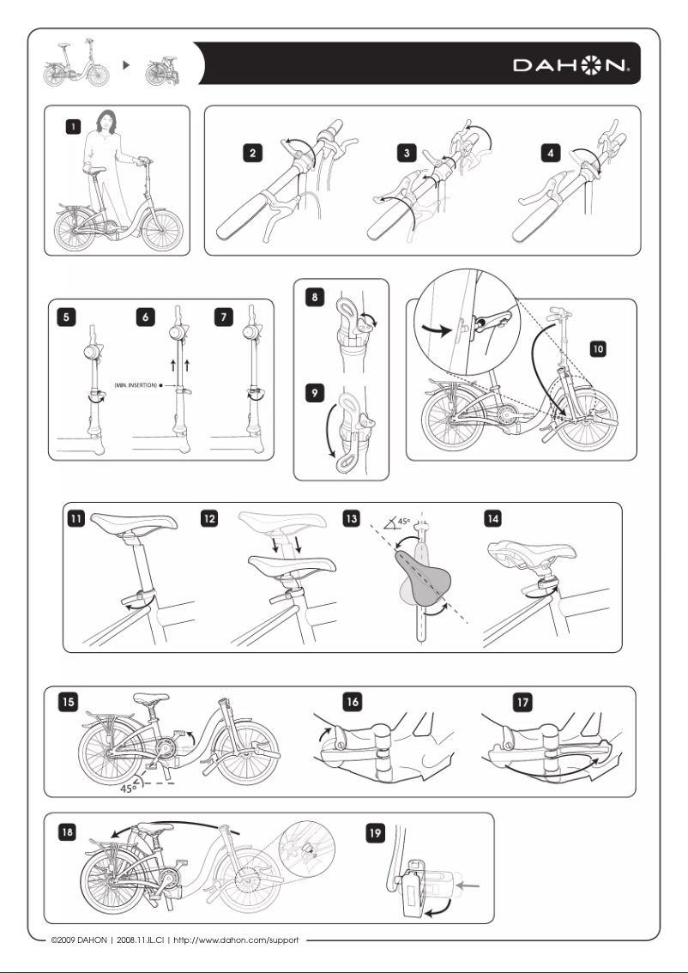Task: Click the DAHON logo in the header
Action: pyautogui.click(x=573, y=65)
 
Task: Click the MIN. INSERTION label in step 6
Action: pyautogui.click(x=136, y=387)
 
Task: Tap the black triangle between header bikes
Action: pyautogui.click(x=126, y=64)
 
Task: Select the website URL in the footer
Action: pyautogui.click(x=236, y=940)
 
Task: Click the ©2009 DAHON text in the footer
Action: pyautogui.click(x=81, y=940)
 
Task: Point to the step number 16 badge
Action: pyautogui.click(x=353, y=702)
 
